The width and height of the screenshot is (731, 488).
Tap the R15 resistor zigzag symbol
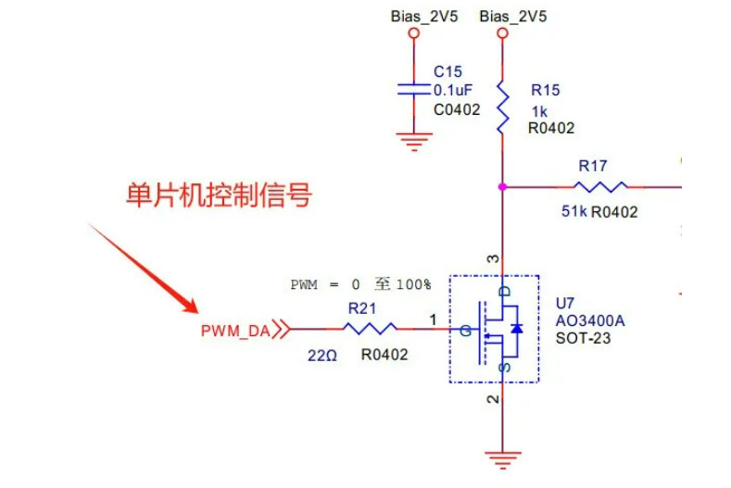[x=502, y=107]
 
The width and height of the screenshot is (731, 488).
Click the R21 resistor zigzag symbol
[x=370, y=328]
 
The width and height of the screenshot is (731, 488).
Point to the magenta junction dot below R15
[x=502, y=186]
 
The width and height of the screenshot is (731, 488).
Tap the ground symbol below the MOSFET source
[x=502, y=456]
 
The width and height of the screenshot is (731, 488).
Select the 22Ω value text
[x=321, y=354]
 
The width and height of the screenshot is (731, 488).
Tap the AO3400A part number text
[x=590, y=320]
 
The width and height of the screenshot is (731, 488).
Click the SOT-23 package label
[x=583, y=338]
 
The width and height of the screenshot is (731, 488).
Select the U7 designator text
[x=565, y=303]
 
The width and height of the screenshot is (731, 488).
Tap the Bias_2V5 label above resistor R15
[x=513, y=17]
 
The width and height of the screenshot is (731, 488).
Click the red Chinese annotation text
[x=219, y=195]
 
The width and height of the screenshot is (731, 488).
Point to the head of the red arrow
[x=195, y=309]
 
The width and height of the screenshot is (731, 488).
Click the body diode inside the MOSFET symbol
[x=517, y=329]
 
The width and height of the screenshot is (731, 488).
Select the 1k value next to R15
[x=538, y=110]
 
